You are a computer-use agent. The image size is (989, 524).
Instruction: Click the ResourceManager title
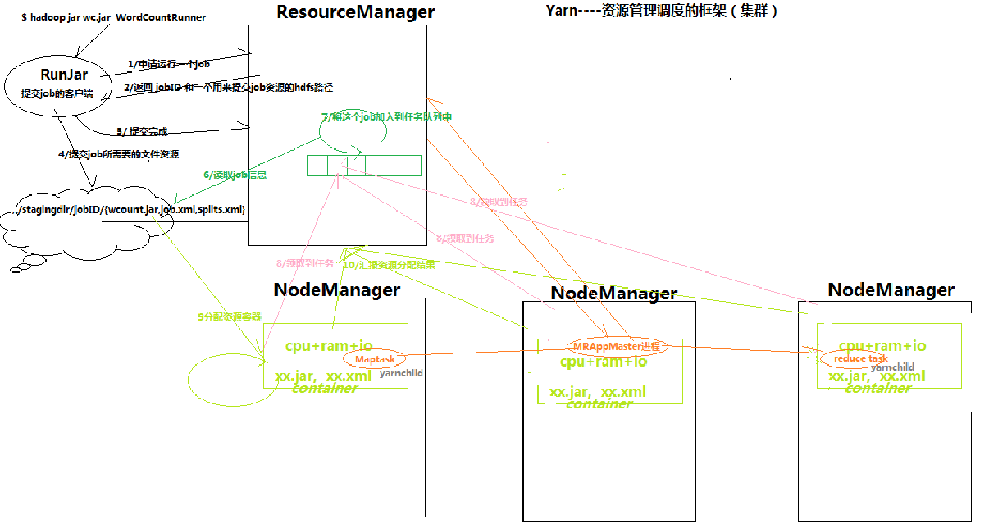tap(356, 12)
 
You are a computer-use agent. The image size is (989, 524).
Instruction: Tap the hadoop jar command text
tap(113, 17)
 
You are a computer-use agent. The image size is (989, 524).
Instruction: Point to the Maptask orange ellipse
tap(375, 359)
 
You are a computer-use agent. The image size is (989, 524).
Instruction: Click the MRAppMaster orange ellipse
tap(617, 346)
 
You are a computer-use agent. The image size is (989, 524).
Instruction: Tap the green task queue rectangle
tap(364, 166)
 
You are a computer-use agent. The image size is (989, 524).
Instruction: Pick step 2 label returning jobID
tap(216, 87)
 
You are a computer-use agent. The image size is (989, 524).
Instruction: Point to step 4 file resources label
tap(119, 154)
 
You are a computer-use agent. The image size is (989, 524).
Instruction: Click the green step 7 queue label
tap(386, 117)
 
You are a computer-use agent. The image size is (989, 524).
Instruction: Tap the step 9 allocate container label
tap(230, 317)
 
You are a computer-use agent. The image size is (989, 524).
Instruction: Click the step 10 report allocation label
tap(388, 265)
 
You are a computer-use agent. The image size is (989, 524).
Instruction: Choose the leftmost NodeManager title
tap(337, 289)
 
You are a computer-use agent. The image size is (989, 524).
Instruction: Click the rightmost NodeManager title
tap(891, 289)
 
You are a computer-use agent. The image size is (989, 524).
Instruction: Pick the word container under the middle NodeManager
tap(599, 404)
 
